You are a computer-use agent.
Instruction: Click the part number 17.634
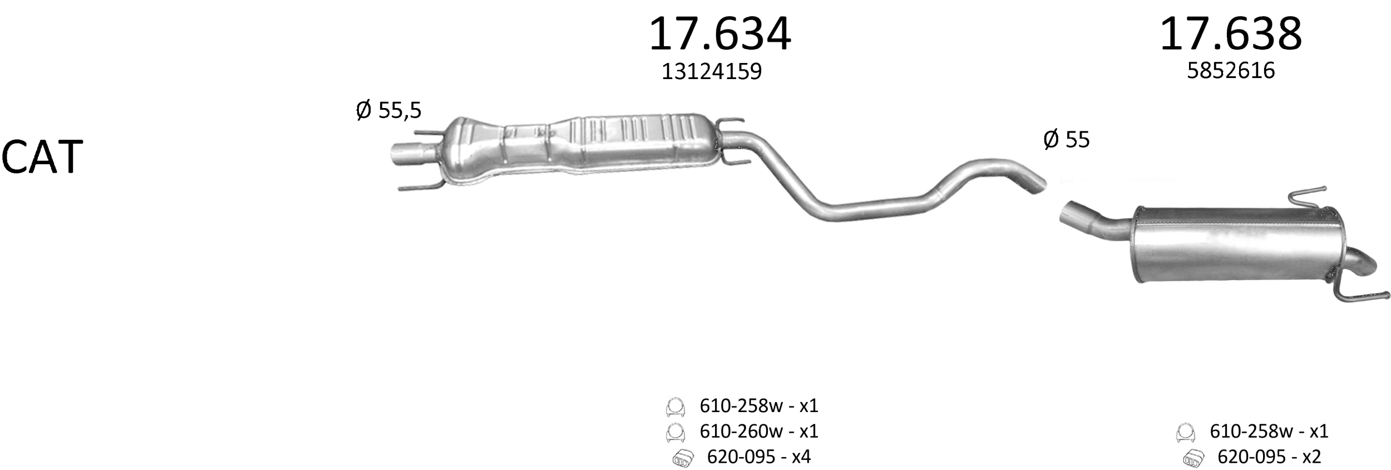720,35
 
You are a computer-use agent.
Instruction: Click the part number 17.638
1231,35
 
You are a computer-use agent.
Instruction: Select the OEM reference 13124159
711,71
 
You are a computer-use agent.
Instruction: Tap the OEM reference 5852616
1231,71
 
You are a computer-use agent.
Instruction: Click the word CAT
42,158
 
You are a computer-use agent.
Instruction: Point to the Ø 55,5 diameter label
388,110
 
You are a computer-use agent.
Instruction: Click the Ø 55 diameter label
1067,139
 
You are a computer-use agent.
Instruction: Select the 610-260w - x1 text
759,431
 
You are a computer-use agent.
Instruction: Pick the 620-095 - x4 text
759,457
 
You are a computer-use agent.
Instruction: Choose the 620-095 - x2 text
1269,457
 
